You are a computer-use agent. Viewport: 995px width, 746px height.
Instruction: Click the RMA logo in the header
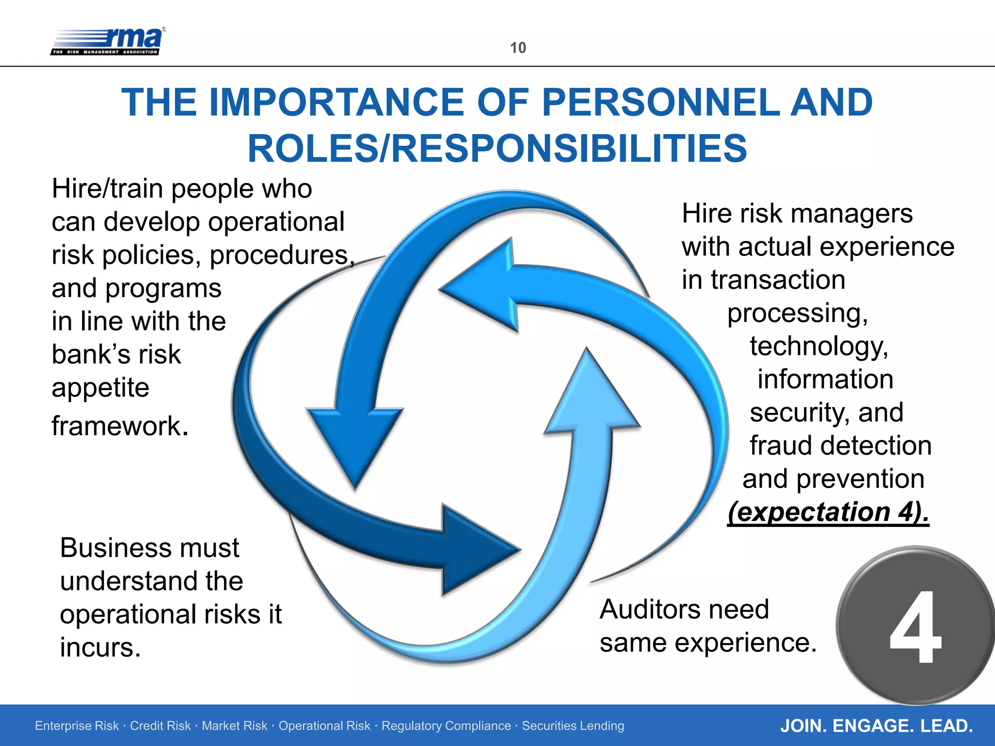(108, 41)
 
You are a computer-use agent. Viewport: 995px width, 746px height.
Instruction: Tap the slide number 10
(518, 48)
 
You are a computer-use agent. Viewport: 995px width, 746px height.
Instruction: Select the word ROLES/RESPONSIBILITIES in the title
(497, 149)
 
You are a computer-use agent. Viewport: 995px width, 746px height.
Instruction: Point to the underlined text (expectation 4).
(828, 512)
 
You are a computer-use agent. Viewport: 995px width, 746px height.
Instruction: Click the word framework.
(120, 426)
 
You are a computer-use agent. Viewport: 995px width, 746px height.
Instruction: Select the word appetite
(100, 388)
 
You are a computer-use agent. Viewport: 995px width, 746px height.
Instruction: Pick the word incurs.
(100, 647)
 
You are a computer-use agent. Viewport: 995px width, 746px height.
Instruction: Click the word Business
(115, 548)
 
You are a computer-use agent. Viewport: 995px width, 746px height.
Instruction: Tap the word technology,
(819, 346)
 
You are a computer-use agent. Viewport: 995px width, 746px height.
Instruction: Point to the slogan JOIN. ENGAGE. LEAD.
(876, 726)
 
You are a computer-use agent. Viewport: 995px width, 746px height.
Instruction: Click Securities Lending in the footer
(573, 726)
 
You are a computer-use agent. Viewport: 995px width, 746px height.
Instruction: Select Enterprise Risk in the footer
(77, 726)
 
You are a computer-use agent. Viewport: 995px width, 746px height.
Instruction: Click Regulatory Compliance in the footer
(446, 726)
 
